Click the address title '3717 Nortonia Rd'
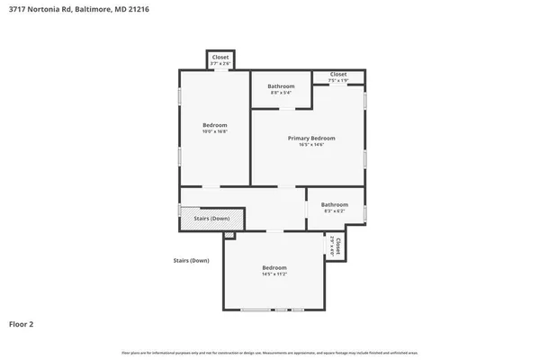(35, 10)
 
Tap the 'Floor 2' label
(22, 323)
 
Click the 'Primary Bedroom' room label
(311, 138)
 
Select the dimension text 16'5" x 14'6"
(311, 145)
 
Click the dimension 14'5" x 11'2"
(274, 274)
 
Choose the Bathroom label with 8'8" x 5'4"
(281, 86)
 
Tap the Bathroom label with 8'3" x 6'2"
(335, 204)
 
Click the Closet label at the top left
(220, 57)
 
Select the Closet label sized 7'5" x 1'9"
(338, 75)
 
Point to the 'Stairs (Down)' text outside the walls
(191, 260)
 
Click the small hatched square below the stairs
(229, 236)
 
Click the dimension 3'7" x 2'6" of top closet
(220, 64)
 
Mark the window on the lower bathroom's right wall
(364, 212)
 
